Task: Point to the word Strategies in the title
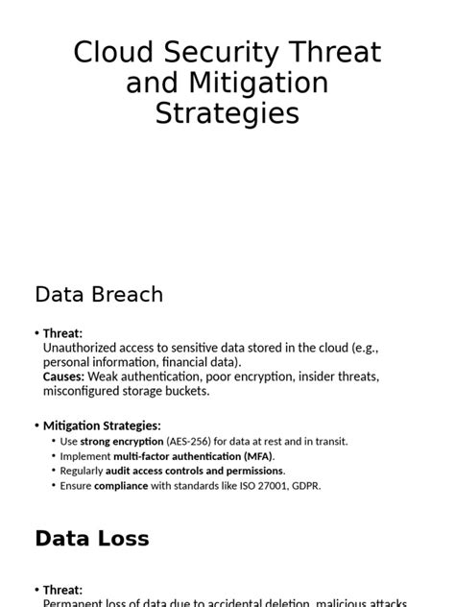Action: (x=227, y=114)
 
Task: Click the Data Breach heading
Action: (x=99, y=294)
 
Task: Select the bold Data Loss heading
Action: (x=92, y=539)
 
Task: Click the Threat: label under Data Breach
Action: (x=63, y=332)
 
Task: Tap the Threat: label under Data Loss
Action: (x=63, y=590)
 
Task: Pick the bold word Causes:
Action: (x=63, y=376)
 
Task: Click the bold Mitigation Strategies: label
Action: (x=102, y=425)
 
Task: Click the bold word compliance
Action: (x=121, y=485)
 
